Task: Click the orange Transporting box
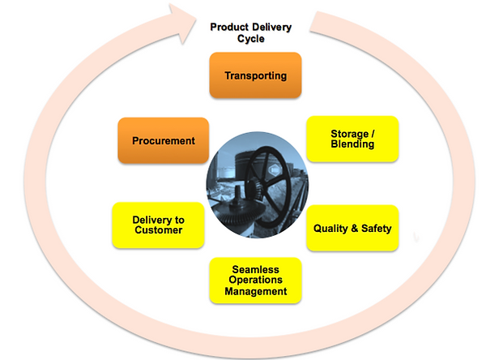click(x=255, y=75)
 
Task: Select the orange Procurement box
click(x=164, y=140)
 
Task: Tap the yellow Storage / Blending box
click(x=352, y=139)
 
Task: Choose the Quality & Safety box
click(x=352, y=228)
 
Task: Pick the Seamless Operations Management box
click(x=255, y=281)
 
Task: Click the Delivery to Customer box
click(x=158, y=225)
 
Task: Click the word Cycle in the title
click(x=251, y=39)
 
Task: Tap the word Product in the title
click(x=229, y=27)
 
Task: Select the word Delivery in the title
click(x=271, y=28)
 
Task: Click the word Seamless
click(x=255, y=269)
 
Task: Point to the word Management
click(x=255, y=291)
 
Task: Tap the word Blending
click(x=352, y=144)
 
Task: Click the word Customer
click(x=159, y=230)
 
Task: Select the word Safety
click(x=377, y=229)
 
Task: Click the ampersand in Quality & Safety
click(x=354, y=229)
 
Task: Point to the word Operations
click(x=255, y=280)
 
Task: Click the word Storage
click(x=349, y=134)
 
